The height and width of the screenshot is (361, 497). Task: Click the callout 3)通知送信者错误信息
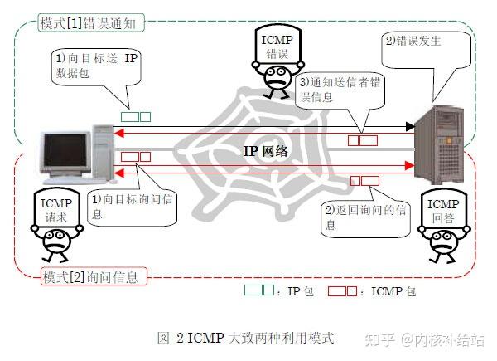click(341, 90)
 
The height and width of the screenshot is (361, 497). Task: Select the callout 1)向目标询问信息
click(133, 207)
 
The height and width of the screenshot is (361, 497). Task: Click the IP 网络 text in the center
click(265, 151)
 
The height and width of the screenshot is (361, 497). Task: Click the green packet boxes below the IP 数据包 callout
click(136, 117)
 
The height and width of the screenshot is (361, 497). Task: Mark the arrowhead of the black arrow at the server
click(409, 127)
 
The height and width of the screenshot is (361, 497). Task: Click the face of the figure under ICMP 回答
click(440, 243)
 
